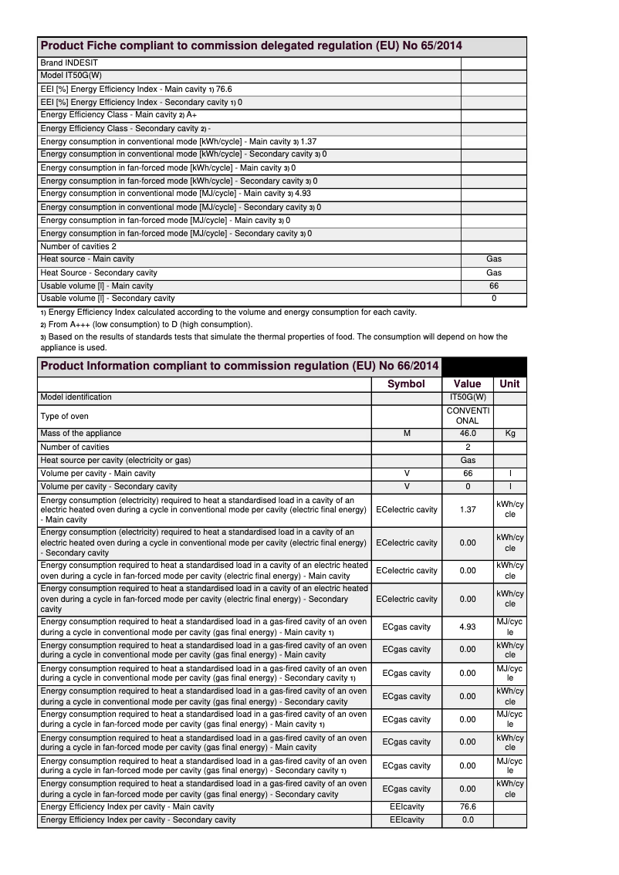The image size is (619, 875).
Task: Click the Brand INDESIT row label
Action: point(69,62)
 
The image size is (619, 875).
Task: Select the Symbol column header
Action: point(406,383)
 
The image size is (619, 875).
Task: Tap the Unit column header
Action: point(509,383)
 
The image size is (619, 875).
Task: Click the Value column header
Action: point(467,383)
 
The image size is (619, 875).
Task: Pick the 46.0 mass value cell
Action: point(468,434)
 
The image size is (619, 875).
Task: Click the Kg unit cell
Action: point(509,434)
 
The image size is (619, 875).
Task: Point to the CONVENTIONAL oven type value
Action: point(468,416)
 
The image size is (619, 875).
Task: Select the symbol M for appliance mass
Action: point(407,434)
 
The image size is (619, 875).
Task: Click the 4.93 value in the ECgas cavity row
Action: point(468,627)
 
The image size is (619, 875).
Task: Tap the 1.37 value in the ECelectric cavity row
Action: point(468,509)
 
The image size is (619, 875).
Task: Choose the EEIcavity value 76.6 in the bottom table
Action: point(468,806)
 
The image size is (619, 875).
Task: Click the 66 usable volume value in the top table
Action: point(494,285)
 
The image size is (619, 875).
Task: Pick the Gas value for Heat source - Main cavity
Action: point(494,259)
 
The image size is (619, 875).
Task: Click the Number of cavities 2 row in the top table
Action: point(79,246)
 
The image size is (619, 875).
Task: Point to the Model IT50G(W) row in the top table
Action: point(76,76)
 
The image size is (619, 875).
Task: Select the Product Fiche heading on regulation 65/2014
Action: point(251,46)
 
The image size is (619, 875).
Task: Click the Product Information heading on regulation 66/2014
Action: point(239,366)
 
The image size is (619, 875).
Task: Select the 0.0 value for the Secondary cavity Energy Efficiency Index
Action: point(468,819)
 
